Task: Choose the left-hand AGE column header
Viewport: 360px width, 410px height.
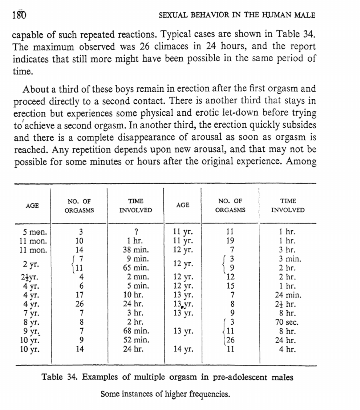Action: point(32,205)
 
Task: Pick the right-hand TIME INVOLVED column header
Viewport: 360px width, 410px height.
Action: point(288,205)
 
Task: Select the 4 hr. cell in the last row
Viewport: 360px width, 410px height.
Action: point(288,350)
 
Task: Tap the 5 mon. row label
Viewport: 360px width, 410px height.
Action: point(35,232)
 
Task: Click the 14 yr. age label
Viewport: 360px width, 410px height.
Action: point(183,350)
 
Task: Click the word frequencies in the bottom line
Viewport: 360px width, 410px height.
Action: point(208,394)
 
